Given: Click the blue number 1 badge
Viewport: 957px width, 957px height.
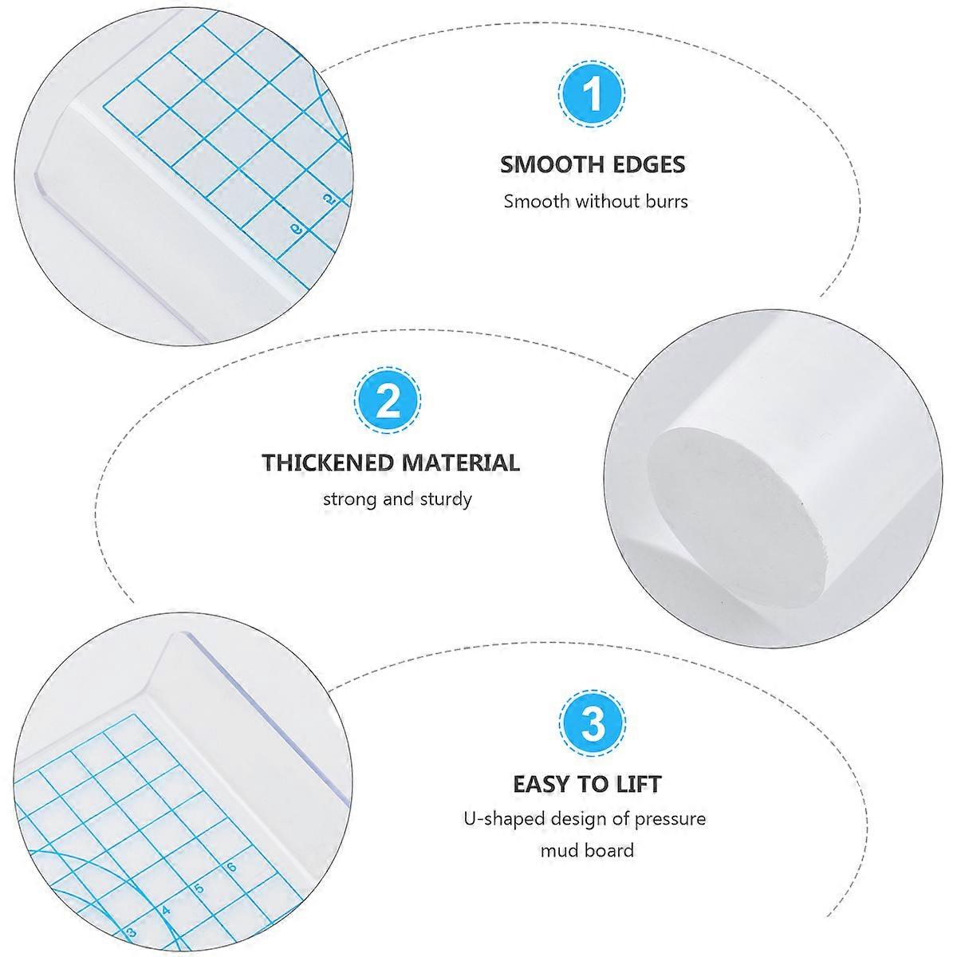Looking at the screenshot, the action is tap(591, 94).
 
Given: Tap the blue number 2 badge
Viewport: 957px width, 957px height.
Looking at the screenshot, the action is tap(388, 400).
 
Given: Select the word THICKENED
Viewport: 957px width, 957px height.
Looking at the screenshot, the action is tap(327, 463).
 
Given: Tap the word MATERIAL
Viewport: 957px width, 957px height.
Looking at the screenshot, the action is tap(460, 463).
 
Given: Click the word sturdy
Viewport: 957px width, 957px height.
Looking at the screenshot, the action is tap(446, 500).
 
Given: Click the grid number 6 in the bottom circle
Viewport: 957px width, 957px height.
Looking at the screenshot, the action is tap(231, 867).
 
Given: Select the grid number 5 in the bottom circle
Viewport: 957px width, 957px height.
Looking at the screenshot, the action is tap(199, 888).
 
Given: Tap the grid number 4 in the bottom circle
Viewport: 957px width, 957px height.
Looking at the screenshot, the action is tap(166, 910).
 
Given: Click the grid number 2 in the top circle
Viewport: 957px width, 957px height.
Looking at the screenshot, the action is tap(329, 199).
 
